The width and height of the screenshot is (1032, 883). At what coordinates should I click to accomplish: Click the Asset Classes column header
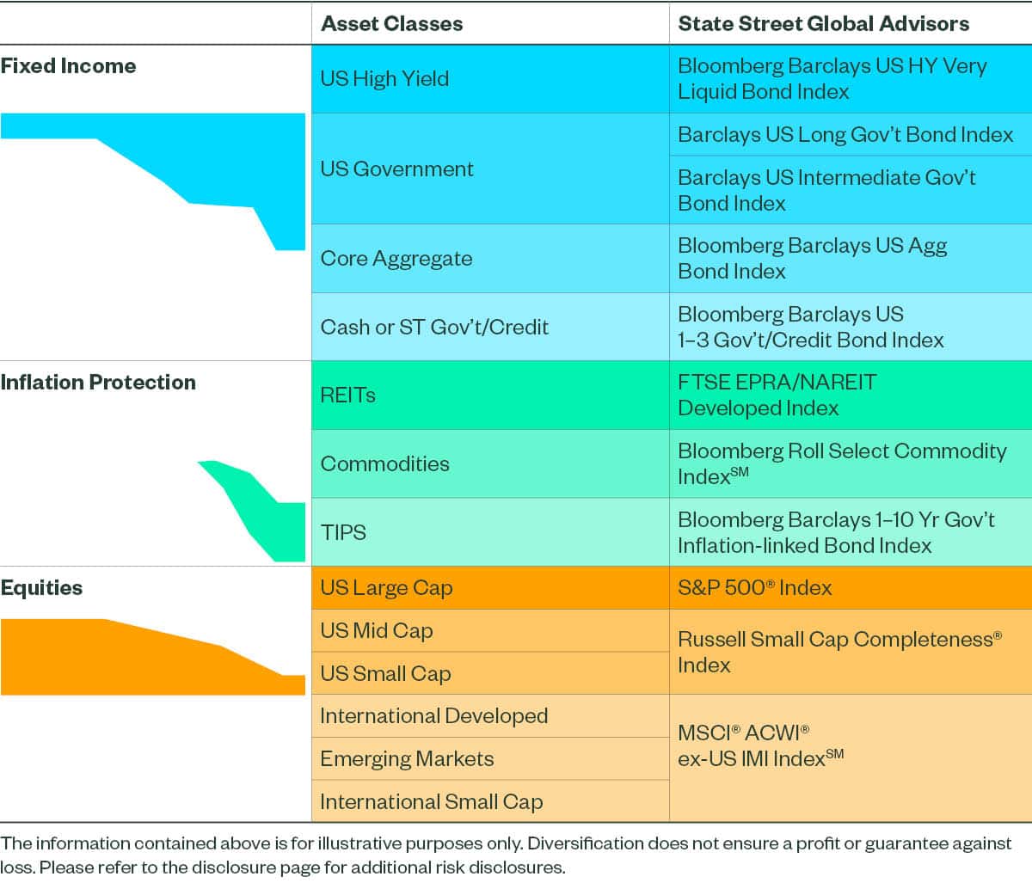[391, 23]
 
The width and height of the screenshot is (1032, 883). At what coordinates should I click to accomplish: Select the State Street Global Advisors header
[823, 23]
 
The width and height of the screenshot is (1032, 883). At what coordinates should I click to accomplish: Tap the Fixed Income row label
[68, 66]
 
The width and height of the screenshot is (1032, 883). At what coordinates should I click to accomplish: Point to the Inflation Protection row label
[98, 383]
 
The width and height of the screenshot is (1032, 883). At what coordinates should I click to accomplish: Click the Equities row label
[41, 588]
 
